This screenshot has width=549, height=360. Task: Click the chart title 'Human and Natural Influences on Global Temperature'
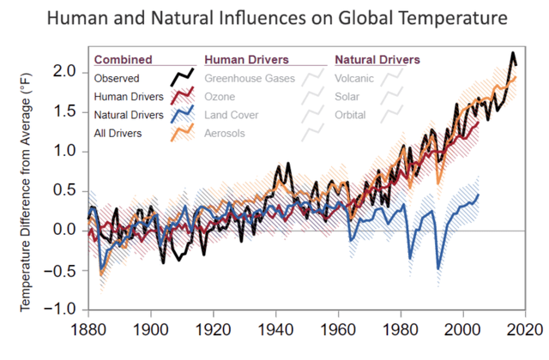(274, 18)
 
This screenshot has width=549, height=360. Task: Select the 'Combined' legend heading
(123, 60)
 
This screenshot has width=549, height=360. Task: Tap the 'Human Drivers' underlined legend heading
(246, 60)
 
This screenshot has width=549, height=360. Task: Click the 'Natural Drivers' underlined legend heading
(377, 60)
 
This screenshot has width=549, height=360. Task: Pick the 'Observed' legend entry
(118, 79)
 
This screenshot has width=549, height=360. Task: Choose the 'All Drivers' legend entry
(118, 133)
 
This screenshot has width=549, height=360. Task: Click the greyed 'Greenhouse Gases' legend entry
(250, 79)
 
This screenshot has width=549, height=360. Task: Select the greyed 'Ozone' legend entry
(220, 97)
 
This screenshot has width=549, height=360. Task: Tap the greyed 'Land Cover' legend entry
(231, 115)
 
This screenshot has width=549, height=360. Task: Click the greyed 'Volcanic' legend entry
(354, 79)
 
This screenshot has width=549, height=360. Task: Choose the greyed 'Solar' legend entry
(347, 97)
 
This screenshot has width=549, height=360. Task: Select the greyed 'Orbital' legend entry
(351, 115)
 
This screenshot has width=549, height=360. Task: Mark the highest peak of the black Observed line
(513, 53)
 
